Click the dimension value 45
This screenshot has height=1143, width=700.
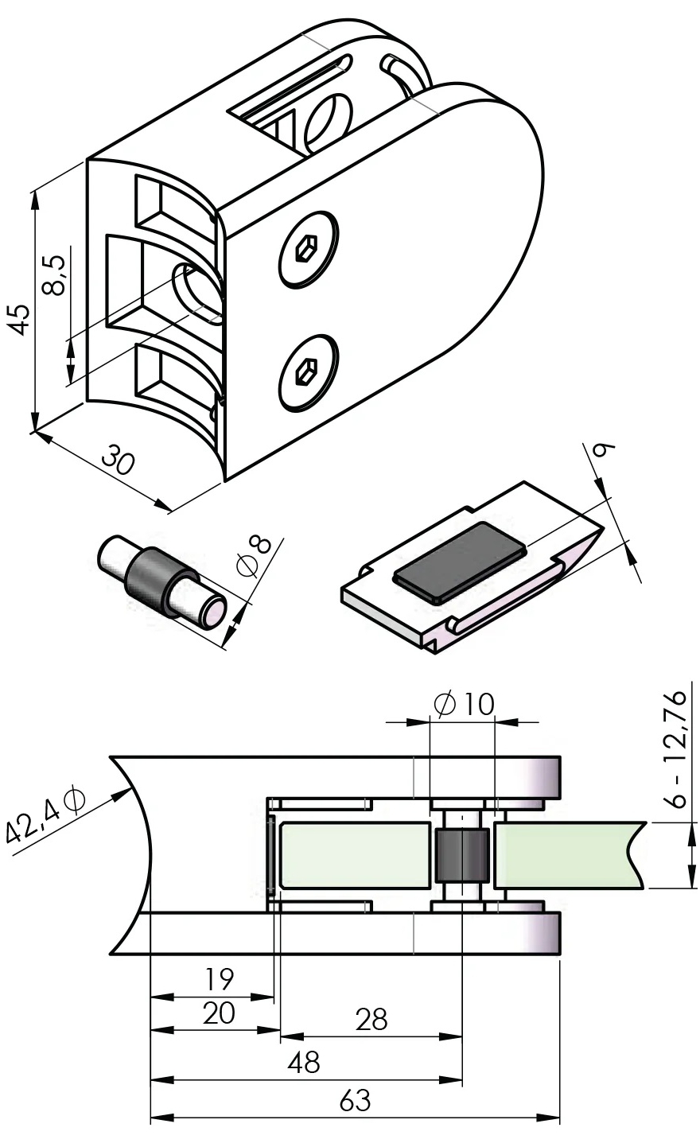click(20, 318)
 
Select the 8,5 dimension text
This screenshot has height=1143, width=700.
click(54, 274)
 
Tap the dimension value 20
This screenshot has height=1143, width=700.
click(218, 1013)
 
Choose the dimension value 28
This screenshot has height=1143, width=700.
click(371, 1019)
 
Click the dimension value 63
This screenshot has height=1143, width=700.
click(355, 1102)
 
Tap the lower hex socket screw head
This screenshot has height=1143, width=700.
click(309, 371)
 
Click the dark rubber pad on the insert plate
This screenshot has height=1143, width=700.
click(460, 560)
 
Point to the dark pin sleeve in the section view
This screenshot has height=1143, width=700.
click(461, 855)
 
